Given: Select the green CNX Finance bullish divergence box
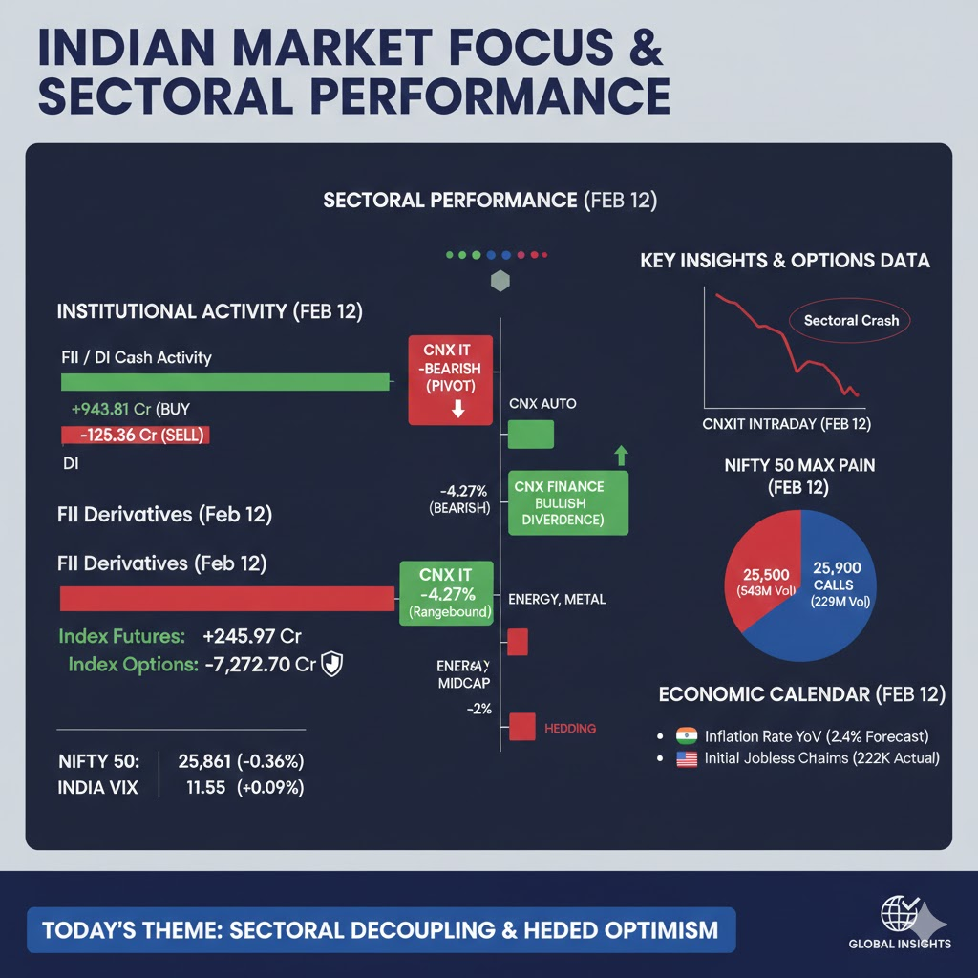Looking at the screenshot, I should tap(569, 502).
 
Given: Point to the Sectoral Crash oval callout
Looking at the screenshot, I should tap(851, 320).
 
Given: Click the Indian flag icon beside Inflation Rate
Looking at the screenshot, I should tap(686, 736).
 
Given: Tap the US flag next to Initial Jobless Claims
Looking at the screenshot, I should tap(686, 759).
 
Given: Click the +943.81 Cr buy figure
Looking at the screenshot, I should tap(112, 408).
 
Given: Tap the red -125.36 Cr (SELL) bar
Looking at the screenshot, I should tap(135, 435).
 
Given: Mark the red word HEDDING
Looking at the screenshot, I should tap(569, 728).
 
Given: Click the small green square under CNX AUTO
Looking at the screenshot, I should tap(530, 435).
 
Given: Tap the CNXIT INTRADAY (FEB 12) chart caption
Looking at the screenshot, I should tap(787, 423).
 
